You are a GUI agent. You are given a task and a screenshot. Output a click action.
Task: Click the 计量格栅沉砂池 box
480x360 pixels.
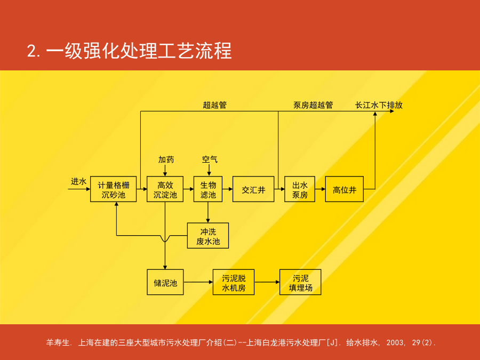click(113, 189)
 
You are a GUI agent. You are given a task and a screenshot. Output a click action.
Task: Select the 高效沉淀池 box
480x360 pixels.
click(165, 189)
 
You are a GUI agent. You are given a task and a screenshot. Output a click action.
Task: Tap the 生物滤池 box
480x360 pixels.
click(208, 189)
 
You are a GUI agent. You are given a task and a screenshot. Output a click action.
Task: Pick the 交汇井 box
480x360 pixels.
click(253, 189)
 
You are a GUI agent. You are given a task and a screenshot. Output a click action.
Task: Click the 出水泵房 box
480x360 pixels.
click(300, 189)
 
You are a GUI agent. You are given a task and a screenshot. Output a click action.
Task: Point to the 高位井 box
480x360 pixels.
click(345, 189)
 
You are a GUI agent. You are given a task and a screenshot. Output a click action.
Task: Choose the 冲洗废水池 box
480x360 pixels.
click(208, 236)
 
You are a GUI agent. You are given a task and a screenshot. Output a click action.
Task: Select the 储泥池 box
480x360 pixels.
click(165, 282)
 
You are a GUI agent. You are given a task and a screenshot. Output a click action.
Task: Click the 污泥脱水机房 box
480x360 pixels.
click(234, 282)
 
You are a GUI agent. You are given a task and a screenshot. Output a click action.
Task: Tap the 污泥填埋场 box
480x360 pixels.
click(300, 282)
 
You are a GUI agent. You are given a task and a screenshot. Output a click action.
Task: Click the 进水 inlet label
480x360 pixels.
click(79, 181)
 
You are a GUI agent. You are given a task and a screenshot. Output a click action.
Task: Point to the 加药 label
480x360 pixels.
click(166, 159)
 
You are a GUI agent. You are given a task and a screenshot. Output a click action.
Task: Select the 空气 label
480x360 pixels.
click(210, 159)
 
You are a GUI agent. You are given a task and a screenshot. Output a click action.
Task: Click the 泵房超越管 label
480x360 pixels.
click(313, 105)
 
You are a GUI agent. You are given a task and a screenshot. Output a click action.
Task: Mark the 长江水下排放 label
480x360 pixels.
click(379, 105)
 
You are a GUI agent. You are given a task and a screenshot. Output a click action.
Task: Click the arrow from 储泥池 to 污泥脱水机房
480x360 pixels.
click(198, 282)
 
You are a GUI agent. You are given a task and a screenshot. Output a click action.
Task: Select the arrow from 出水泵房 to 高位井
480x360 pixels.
click(320, 189)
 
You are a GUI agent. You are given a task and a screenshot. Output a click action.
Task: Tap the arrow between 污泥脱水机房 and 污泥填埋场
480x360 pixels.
click(267, 282)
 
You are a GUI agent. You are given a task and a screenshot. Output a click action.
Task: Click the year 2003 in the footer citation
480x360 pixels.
click(394, 342)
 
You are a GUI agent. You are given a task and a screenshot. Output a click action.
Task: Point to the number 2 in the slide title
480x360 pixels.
click(32, 51)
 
